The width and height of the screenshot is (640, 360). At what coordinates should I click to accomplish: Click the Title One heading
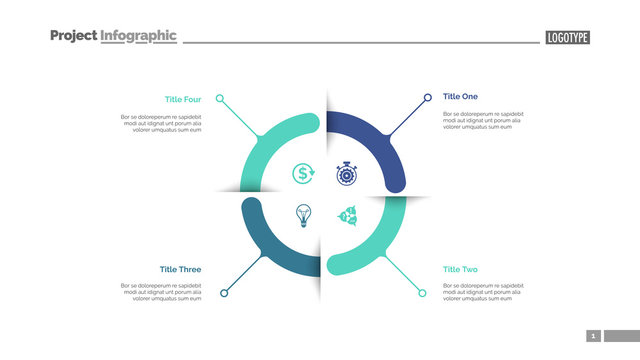point(460,97)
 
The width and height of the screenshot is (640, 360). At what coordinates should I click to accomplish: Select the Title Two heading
point(460,269)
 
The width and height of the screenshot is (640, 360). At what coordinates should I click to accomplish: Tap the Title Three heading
point(180,269)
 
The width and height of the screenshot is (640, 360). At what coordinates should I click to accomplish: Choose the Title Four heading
point(182,99)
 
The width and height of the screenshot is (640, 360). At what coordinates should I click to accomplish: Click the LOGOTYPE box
point(568,38)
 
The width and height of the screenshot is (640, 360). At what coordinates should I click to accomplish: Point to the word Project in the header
point(73,36)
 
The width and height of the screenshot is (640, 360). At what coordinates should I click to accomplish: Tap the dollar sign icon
point(303,174)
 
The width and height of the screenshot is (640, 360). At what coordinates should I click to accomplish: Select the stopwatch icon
point(346,174)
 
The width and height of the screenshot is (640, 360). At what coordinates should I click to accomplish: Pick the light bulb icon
point(303,214)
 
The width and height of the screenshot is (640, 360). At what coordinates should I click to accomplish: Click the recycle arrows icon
point(347,214)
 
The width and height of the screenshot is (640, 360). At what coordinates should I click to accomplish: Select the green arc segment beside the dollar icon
point(262,140)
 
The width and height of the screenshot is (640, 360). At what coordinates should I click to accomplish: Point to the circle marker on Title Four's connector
point(221,99)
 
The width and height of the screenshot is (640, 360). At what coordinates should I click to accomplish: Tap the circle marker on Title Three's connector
point(223,293)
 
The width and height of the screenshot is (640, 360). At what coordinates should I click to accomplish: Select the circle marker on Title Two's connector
point(423,293)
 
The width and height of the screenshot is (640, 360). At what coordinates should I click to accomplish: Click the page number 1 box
point(592,336)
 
